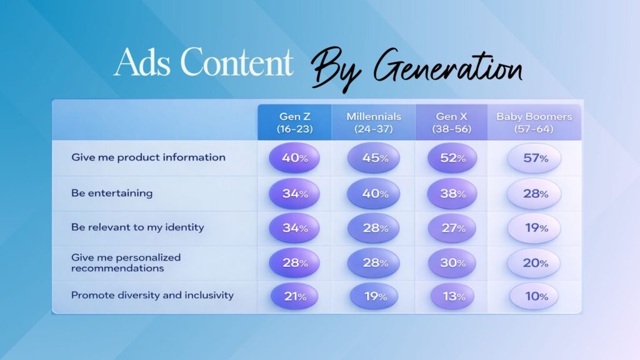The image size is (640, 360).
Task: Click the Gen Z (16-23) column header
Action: click(295, 122)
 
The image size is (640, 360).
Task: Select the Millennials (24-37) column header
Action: click(374, 122)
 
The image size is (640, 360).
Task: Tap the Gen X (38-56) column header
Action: click(451, 122)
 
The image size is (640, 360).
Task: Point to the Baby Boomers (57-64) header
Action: click(534, 122)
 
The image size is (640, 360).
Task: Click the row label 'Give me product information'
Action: click(148, 157)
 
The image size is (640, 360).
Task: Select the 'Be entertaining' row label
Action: click(112, 193)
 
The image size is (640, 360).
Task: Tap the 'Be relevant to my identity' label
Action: click(137, 227)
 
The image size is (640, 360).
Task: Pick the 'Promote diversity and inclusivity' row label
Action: click(152, 295)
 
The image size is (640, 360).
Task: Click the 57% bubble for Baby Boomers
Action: click(534, 158)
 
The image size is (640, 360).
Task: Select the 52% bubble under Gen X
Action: click(452, 158)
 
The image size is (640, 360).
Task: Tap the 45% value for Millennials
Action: click(374, 158)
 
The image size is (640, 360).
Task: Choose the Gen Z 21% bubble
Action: click(294, 296)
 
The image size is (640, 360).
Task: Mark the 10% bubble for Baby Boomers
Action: click(534, 296)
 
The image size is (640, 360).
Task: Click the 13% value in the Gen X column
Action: click(452, 296)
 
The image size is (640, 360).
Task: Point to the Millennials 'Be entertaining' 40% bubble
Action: click(374, 194)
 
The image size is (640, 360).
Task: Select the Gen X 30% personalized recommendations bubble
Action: click(452, 263)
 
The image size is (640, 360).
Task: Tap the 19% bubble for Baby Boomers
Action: click(534, 227)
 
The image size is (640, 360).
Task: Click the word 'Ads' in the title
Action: click(142, 62)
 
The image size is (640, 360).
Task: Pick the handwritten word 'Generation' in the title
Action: click(448, 67)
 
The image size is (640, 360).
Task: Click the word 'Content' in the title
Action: click(237, 62)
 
